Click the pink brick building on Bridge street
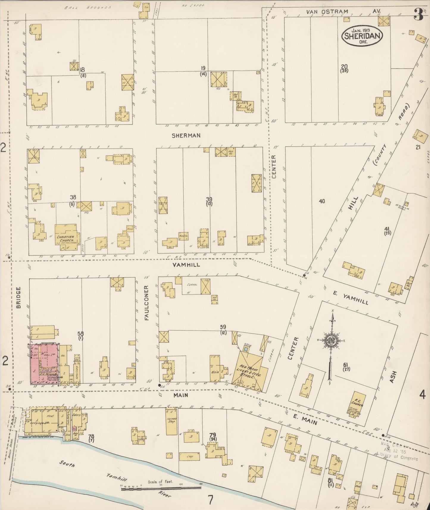(x=44, y=364)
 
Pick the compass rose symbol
(x=331, y=340)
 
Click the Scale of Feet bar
(x=161, y=487)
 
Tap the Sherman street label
(x=186, y=135)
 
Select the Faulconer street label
(x=146, y=303)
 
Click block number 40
(x=322, y=201)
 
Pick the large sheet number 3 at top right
(x=418, y=14)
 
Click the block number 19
(x=203, y=68)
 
